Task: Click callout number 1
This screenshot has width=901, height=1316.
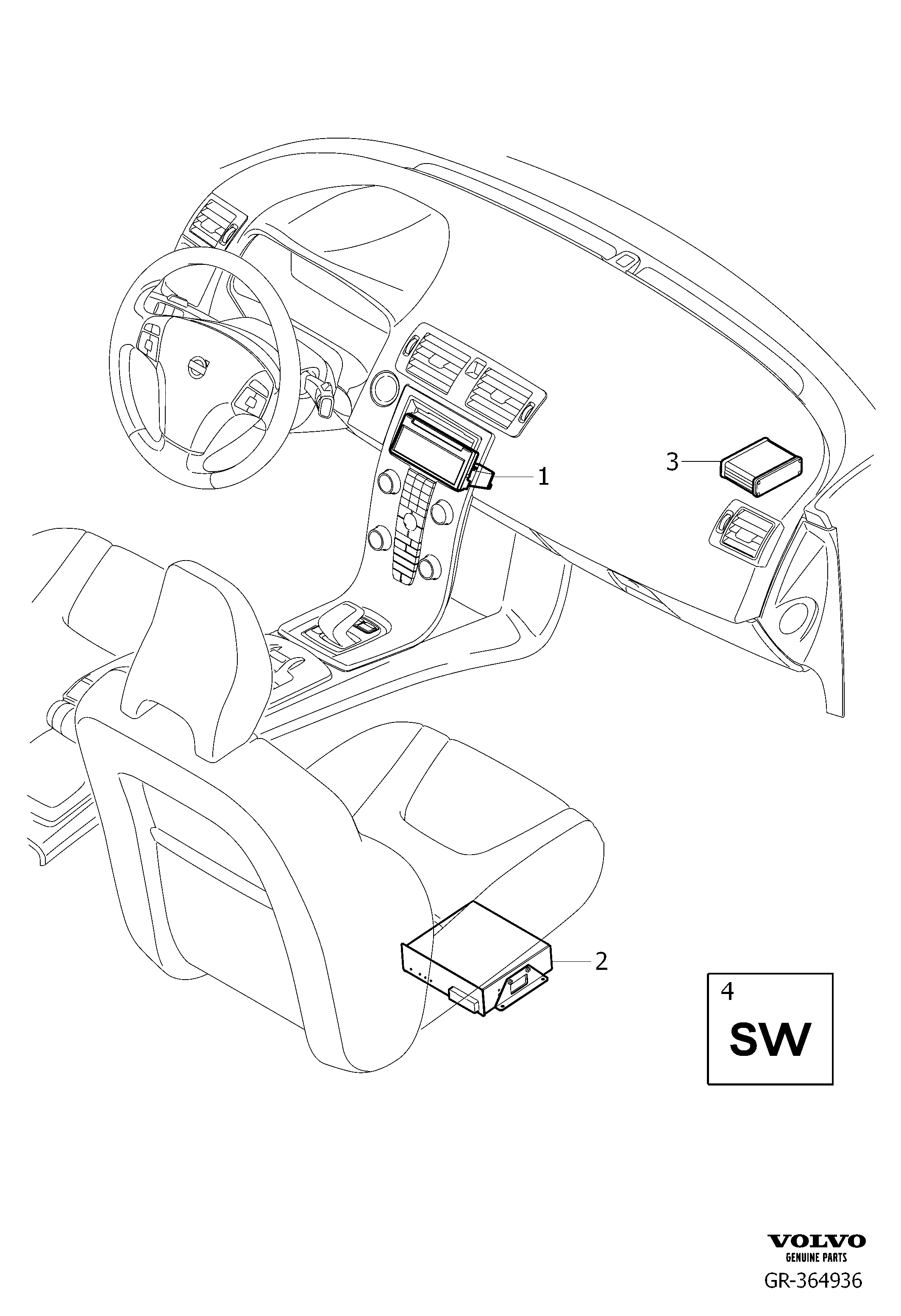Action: coord(543,477)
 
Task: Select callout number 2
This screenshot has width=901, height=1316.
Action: coord(601,961)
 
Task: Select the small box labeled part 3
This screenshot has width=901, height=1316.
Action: coord(761,467)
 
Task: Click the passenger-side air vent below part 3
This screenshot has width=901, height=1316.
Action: coord(745,532)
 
